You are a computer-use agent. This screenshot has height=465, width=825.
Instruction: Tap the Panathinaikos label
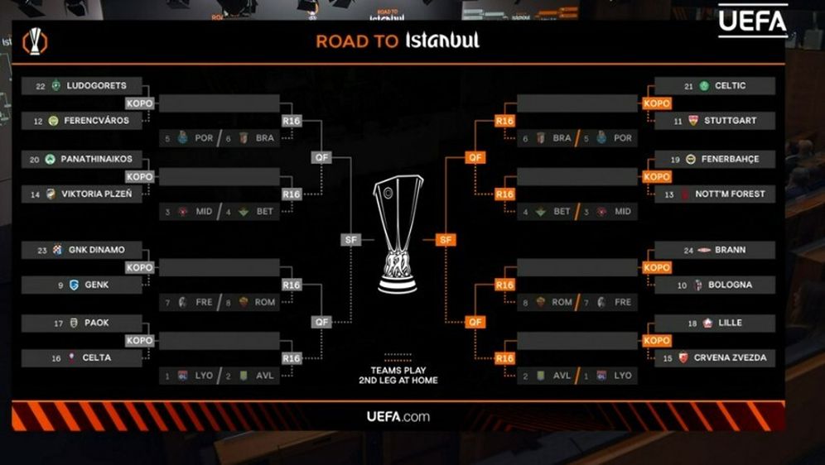[x=96, y=159]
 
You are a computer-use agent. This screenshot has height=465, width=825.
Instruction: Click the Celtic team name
[x=729, y=86]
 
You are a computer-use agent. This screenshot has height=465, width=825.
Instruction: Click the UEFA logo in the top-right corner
[x=752, y=21]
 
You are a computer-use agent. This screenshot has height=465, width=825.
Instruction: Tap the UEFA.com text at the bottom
[x=398, y=416]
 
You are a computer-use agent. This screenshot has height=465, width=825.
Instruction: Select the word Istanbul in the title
[x=442, y=41]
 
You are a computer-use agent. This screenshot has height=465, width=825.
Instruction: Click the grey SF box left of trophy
[x=351, y=239]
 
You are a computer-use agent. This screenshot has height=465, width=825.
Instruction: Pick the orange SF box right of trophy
[x=446, y=239]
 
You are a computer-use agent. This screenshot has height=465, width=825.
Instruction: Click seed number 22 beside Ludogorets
[x=41, y=86]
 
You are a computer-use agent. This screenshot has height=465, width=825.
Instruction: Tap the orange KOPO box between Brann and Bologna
[x=657, y=267]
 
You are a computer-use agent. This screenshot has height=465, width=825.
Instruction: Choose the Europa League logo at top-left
[x=35, y=41]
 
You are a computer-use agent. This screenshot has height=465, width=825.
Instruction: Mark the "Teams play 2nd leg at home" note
[x=398, y=375]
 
